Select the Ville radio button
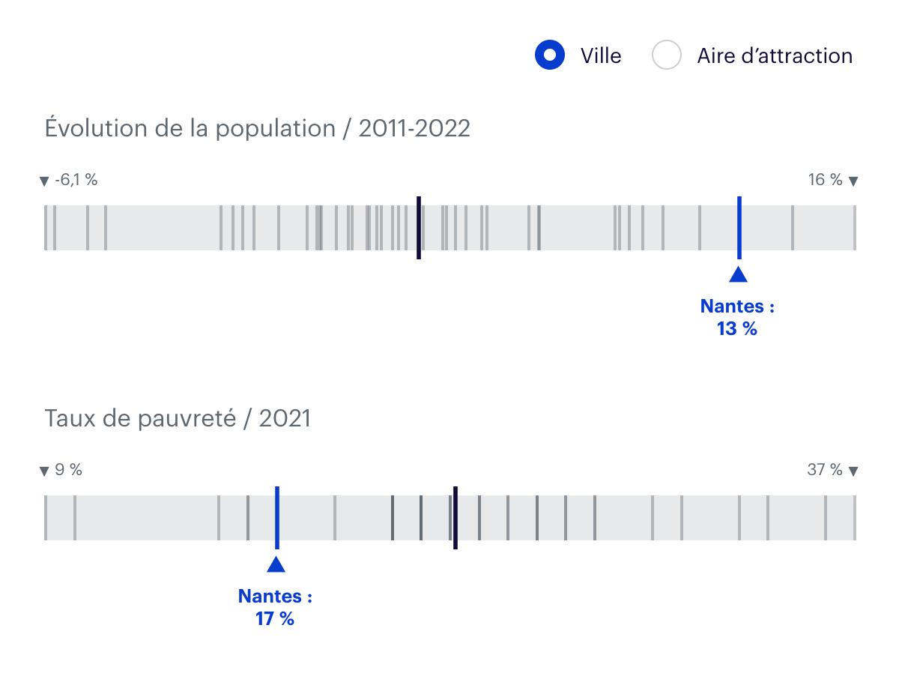tap(549, 55)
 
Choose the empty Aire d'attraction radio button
tap(666, 55)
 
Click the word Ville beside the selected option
tap(601, 56)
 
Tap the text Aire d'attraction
tap(775, 56)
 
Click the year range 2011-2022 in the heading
tap(414, 129)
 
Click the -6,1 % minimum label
tap(76, 181)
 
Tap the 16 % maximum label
tap(825, 180)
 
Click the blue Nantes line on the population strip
tap(739, 228)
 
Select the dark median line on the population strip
tap(419, 228)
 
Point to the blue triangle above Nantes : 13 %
tap(739, 274)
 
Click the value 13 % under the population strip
tap(737, 328)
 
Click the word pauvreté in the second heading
tap(191, 419)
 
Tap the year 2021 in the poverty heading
tap(285, 419)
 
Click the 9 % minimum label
tap(68, 471)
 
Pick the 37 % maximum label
tap(825, 470)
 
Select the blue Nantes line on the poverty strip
tap(276, 518)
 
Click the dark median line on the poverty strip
tap(455, 518)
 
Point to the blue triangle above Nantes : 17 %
tap(276, 564)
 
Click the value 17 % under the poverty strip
tap(275, 619)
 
